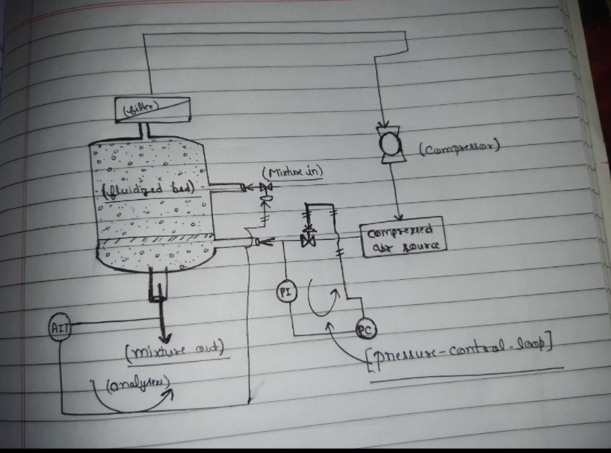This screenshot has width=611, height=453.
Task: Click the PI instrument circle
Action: coord(286,292)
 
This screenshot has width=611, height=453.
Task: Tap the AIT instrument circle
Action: coord(58,327)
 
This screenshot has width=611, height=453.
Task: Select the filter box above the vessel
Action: coord(152,110)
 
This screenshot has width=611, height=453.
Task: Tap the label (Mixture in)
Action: coord(291,173)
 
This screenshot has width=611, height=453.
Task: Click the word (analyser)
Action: coord(138,383)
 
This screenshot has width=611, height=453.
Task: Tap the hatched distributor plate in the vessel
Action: coord(155,241)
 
